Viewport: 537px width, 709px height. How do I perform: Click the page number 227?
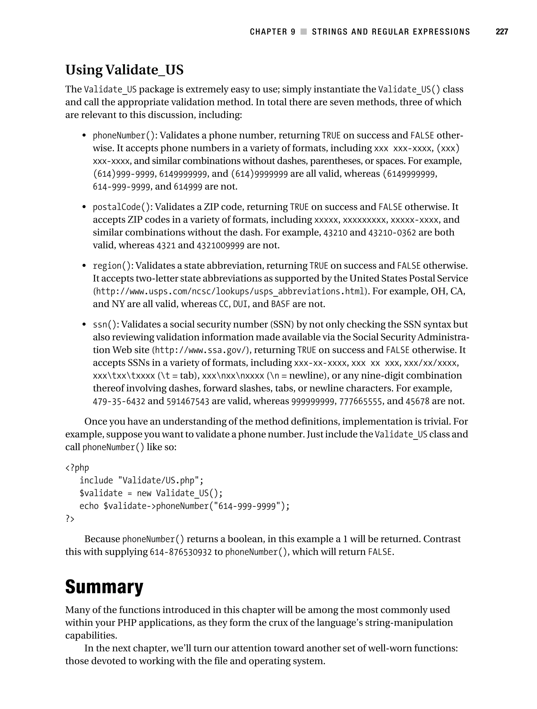(x=501, y=32)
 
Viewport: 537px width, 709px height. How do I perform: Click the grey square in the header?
(x=303, y=32)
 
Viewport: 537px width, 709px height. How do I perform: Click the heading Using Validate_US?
(x=125, y=70)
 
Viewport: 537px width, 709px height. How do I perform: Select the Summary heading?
(x=104, y=587)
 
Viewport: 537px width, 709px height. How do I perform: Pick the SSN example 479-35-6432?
(x=119, y=401)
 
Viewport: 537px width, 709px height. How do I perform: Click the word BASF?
(x=280, y=304)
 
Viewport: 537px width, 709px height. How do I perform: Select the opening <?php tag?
(x=77, y=468)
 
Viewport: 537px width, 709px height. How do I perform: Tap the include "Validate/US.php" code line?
(x=142, y=481)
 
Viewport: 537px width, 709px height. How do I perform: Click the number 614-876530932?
(x=181, y=552)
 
